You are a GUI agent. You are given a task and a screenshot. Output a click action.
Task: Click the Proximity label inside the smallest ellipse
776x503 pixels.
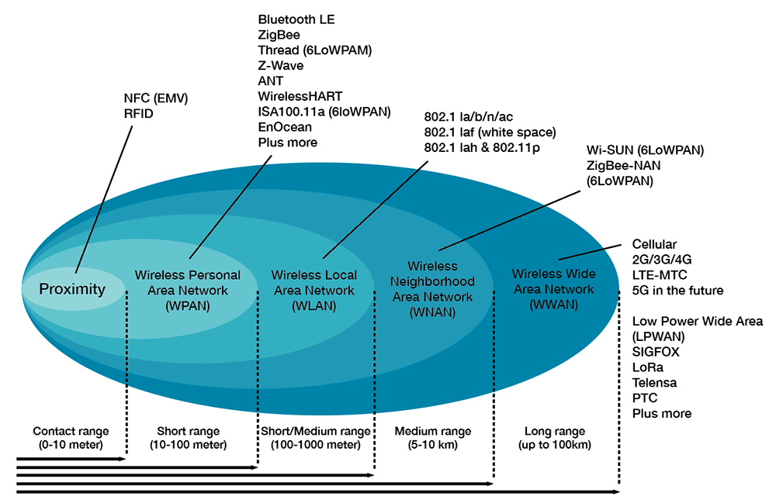72,289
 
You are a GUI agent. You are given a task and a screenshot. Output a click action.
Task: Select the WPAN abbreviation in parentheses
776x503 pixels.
188,305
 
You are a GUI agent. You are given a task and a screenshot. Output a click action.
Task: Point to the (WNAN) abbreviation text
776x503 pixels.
432,312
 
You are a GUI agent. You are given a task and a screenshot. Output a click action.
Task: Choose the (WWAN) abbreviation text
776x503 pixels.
553,305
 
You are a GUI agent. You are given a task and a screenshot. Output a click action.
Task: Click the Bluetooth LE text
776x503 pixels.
296,19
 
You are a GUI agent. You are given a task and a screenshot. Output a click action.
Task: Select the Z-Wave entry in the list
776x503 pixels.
281,66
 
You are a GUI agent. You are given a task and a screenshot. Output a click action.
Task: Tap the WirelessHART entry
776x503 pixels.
296,97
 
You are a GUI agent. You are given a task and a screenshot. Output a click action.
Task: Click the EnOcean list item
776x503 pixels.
285,127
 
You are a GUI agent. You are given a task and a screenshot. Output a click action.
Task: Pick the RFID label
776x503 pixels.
139,114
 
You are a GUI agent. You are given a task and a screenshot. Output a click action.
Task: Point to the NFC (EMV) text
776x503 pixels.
156,98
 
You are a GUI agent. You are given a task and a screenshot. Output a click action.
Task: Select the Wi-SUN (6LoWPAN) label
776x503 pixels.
645,150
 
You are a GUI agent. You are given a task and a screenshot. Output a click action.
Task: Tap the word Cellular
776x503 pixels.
655,244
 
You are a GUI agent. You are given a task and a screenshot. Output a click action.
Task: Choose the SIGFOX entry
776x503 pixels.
656,352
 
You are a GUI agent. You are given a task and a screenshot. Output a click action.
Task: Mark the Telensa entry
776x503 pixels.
654,383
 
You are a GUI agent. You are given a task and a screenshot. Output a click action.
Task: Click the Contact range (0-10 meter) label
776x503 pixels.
71,438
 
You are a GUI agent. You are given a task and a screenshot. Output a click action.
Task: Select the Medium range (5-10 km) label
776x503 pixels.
432,438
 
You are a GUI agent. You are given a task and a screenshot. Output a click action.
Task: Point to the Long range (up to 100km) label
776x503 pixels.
554,438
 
